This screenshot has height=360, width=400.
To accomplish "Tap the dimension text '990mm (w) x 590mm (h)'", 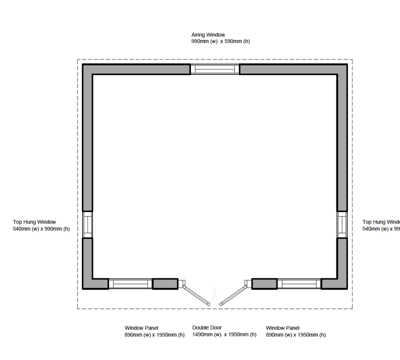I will (x=220, y=41).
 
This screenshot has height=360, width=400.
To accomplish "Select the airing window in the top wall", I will (x=215, y=69).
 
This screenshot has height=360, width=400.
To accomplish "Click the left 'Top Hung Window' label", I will (x=34, y=222).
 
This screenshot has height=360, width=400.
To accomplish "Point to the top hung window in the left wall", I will (x=87, y=224).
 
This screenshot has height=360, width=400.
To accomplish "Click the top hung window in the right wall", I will (x=342, y=224).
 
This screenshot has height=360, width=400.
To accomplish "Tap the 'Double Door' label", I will (x=207, y=328).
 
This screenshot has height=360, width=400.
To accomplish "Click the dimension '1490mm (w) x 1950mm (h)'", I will (x=224, y=334).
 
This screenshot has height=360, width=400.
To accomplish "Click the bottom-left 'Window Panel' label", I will (x=141, y=328).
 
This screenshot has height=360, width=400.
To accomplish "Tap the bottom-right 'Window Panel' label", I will (x=283, y=328).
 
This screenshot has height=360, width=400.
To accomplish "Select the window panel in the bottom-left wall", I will (x=130, y=283).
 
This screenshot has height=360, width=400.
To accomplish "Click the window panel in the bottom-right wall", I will (x=299, y=283).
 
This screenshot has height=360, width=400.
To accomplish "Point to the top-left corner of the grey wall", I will (x=87, y=69).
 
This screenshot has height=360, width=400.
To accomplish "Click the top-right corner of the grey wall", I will (x=342, y=69).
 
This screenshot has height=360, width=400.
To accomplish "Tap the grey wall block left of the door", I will (x=165, y=283).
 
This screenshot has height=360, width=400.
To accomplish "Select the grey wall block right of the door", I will (x=264, y=283).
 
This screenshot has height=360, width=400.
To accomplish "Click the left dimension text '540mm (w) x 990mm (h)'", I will (x=41, y=229).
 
